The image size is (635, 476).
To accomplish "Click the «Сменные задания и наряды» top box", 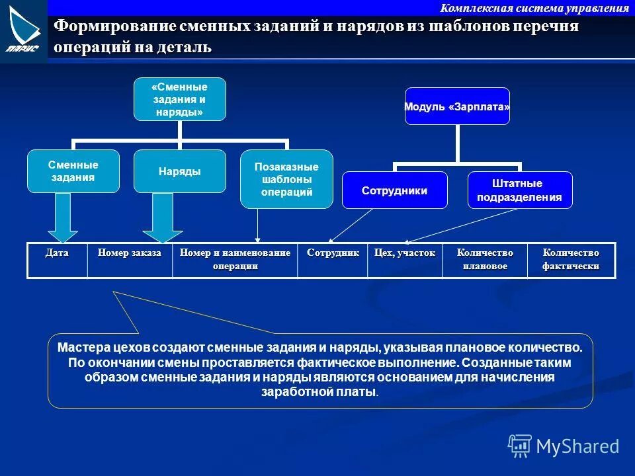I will (180, 99).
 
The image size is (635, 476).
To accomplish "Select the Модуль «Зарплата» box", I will (457, 106).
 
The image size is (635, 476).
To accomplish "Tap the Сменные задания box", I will (73, 171).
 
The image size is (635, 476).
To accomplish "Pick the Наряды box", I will (180, 171).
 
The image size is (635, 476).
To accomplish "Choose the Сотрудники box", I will (394, 190).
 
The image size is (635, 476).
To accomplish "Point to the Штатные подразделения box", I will (519, 190).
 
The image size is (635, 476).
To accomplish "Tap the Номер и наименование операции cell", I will (235, 260).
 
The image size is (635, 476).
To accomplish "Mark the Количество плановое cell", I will (485, 260).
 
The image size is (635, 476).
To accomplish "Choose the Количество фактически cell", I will (571, 260).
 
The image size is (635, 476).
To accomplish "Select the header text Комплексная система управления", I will (534, 8).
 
